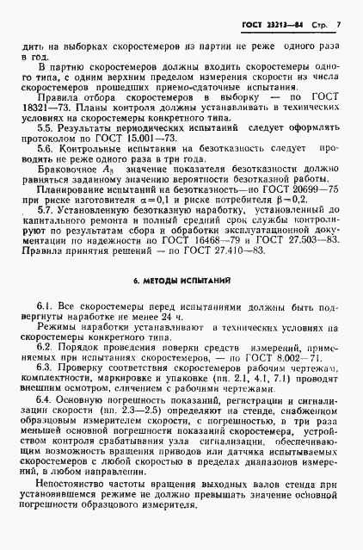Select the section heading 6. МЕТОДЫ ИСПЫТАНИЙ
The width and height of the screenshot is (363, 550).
coord(181,306)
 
